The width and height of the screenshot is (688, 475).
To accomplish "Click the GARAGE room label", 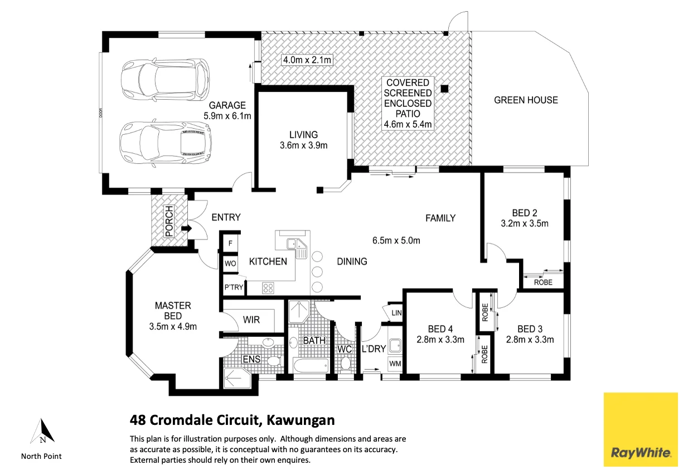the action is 227,105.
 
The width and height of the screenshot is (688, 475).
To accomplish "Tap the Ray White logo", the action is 641,429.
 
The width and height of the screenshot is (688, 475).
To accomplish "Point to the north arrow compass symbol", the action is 42,431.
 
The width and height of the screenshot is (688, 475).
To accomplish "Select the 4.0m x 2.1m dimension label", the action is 307,60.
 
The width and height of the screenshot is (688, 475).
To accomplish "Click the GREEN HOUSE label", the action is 526,100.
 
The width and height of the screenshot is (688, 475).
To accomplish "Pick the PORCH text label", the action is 169,221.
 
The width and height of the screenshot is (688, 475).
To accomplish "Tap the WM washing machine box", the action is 395,364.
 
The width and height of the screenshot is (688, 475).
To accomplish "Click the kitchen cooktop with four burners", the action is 268,288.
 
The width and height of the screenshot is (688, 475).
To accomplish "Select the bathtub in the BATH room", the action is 311,365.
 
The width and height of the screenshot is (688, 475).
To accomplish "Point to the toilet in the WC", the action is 346,364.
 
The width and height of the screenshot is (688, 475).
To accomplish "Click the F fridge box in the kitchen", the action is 230,244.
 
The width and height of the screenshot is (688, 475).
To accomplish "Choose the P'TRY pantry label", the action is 234,287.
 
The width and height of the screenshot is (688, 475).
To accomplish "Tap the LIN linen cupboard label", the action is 396,313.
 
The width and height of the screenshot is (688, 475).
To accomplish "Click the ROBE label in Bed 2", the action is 543,282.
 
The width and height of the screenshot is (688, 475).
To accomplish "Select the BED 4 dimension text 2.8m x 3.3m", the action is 440,340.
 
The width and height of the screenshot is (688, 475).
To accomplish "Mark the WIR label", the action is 251,320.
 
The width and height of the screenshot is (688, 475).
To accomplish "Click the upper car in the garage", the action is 165,79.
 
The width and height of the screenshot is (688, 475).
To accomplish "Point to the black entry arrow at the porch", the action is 187,229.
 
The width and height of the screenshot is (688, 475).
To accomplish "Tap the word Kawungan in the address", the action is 301,420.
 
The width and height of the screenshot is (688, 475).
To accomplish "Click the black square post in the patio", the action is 444,89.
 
